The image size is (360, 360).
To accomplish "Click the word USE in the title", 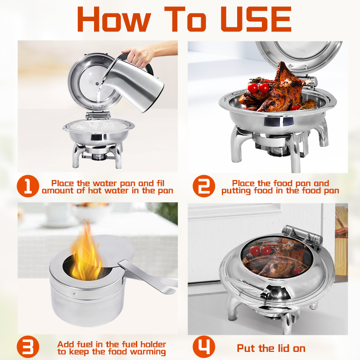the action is [x=256, y=19].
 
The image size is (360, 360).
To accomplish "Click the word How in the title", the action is [x=114, y=19].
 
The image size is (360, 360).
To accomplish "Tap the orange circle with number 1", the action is [x=28, y=186].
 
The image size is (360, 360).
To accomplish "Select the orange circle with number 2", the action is [x=204, y=186].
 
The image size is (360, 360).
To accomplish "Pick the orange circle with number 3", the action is [x=28, y=346].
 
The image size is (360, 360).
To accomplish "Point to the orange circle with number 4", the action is [x=204, y=346].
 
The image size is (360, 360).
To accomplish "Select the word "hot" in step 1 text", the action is [x=96, y=190].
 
